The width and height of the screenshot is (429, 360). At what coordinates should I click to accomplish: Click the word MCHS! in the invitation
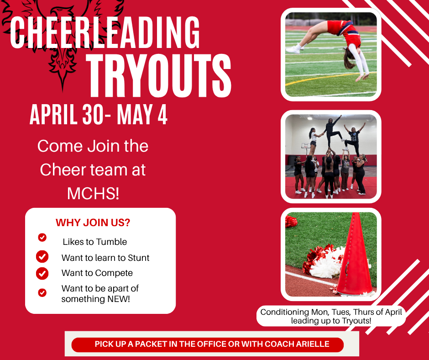coord(93,193)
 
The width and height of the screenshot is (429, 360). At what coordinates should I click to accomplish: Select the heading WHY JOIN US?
coord(93,223)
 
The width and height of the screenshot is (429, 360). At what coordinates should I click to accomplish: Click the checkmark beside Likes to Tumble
coord(42,238)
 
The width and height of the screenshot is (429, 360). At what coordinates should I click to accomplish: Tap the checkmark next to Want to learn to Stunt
coord(42,257)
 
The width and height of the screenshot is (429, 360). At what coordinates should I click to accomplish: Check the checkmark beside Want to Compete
coord(42,273)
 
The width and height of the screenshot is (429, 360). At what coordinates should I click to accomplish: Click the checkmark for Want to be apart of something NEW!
coord(42,292)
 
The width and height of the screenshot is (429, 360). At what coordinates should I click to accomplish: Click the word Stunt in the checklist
coord(137,258)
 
